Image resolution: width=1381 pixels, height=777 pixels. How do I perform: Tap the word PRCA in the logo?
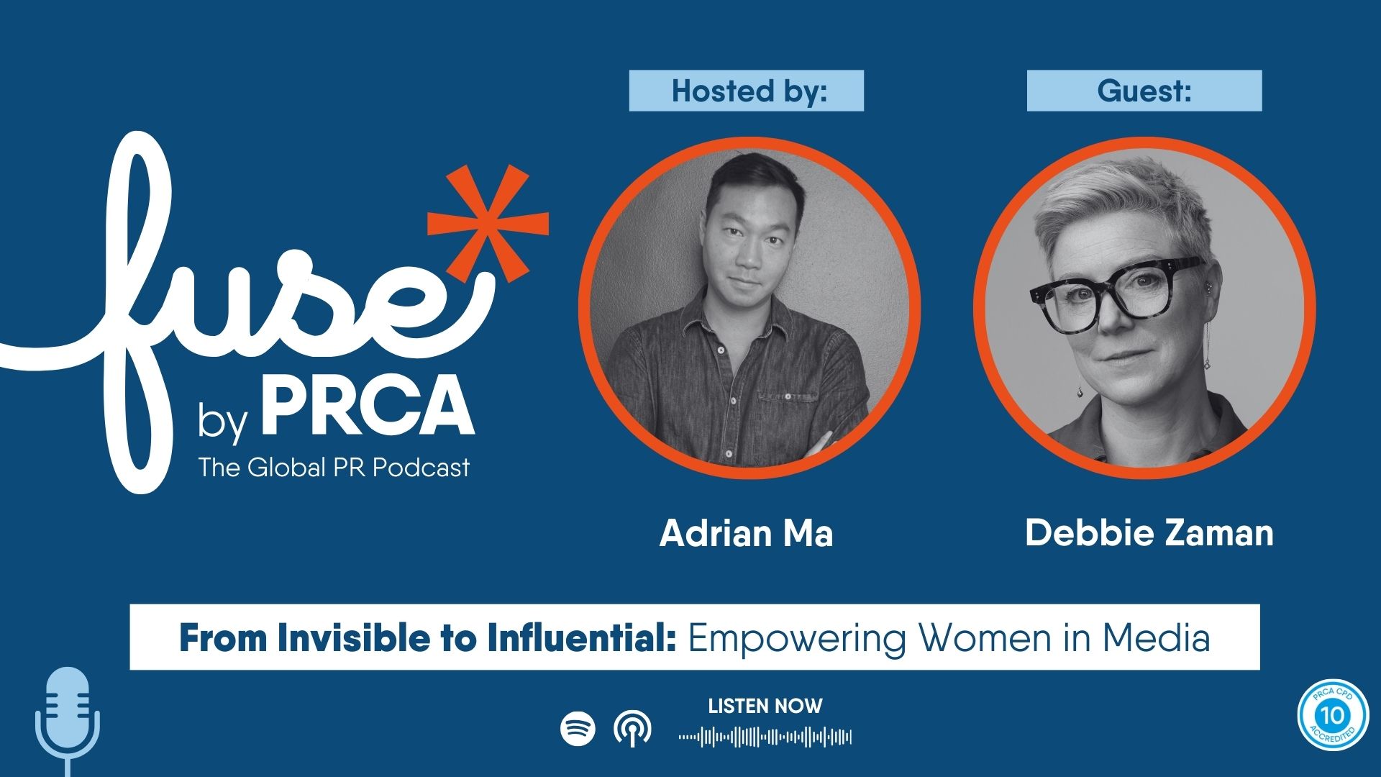pyautogui.click(x=368, y=406)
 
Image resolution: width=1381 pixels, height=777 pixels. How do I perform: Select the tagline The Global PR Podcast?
pyautogui.click(x=334, y=468)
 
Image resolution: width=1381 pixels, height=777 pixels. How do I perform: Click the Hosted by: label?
pyautogui.click(x=747, y=91)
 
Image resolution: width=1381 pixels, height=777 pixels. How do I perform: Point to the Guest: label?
pyautogui.click(x=1144, y=91)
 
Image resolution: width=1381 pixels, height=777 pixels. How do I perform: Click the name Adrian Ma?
pyautogui.click(x=747, y=534)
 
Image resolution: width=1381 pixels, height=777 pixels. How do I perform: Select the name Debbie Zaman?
pyautogui.click(x=1149, y=533)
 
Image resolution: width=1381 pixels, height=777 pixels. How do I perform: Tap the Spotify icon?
pyautogui.click(x=578, y=729)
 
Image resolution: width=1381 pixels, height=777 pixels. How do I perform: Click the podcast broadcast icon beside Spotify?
pyautogui.click(x=633, y=729)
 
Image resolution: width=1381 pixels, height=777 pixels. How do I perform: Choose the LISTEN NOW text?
pyautogui.click(x=765, y=706)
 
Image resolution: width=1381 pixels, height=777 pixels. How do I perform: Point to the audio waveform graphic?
pyautogui.click(x=765, y=737)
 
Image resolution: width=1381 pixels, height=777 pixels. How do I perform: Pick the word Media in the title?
pyautogui.click(x=1157, y=638)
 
